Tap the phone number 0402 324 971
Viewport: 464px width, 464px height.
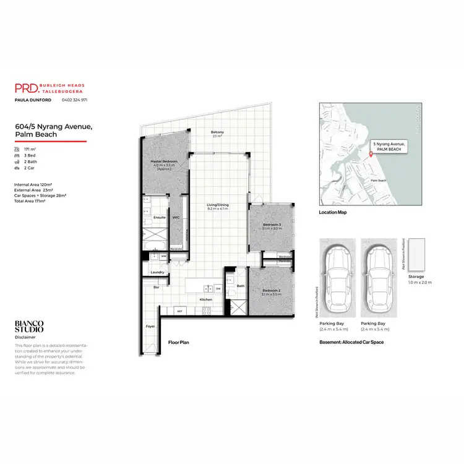74,100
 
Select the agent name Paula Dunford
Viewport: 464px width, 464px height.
33,100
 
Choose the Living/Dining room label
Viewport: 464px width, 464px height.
218,205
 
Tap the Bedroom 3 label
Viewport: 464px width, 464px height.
272,224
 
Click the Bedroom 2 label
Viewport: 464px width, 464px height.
272,290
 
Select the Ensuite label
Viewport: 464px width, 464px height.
158,218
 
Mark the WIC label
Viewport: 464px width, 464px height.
176,218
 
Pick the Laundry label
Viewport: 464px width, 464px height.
157,272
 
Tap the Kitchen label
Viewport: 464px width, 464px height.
206,299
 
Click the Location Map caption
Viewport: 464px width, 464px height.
333,213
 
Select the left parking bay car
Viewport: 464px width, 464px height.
337,277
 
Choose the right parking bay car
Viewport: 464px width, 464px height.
379,277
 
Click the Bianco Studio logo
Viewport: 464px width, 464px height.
29,327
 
